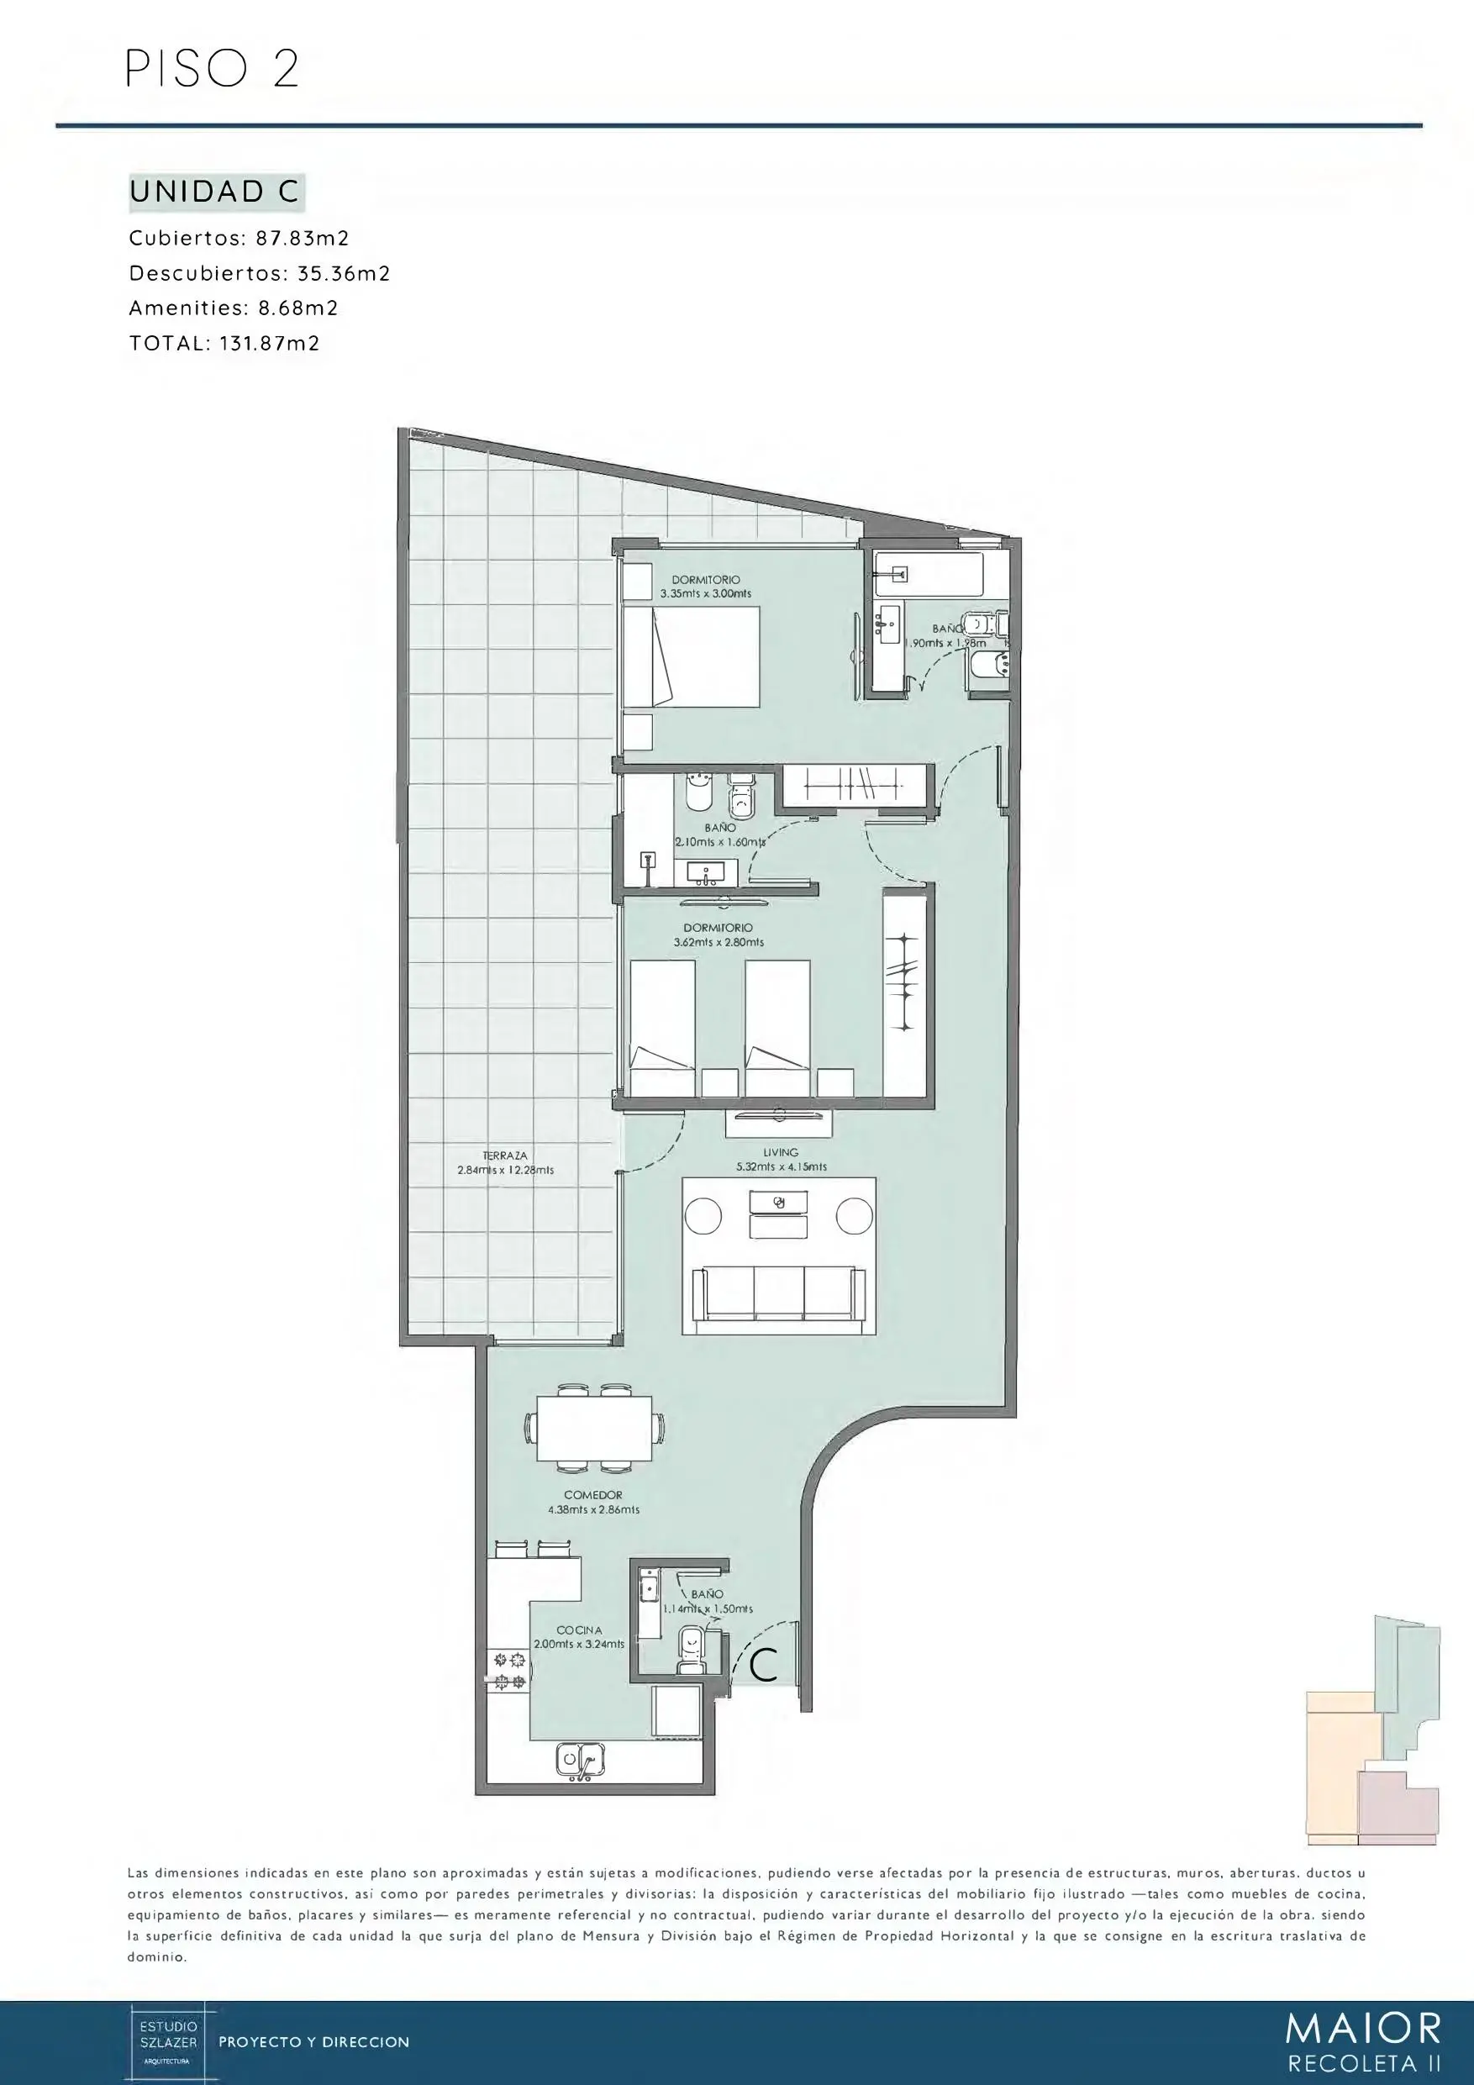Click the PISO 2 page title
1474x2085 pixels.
coord(212,70)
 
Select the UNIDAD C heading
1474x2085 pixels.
coord(214,192)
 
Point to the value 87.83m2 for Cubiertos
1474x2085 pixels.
coord(303,238)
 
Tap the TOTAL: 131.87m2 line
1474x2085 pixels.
coord(224,343)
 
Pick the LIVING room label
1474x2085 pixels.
coord(781,1152)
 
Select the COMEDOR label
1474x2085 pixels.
coord(593,1495)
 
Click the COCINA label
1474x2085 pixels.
coord(579,1630)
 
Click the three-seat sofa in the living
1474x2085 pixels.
coord(778,1293)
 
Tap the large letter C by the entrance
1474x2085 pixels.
coord(764,1665)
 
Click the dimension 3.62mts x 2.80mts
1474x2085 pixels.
coord(719,943)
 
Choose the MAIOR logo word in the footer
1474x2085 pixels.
coord(1363,2028)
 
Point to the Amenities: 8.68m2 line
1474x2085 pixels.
coord(234,308)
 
